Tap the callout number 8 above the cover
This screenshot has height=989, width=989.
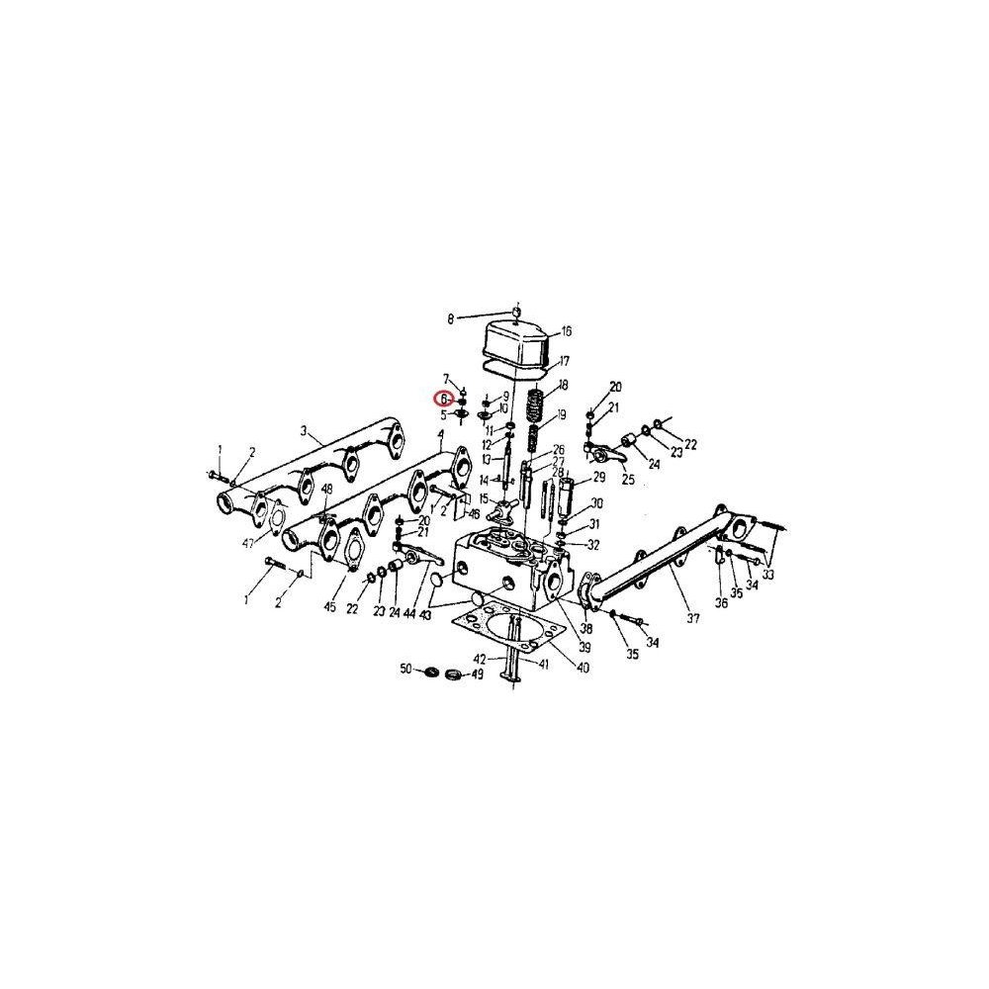pos(451,318)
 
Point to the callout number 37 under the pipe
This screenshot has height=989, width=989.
pos(692,619)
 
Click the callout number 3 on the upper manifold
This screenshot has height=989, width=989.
pos(306,432)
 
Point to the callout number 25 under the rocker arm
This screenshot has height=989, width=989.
pos(627,480)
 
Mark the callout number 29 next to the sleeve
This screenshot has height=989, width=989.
pos(597,478)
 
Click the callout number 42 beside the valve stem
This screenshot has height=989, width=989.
pos(479,658)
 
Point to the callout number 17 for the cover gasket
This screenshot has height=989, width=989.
pos(564,361)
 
